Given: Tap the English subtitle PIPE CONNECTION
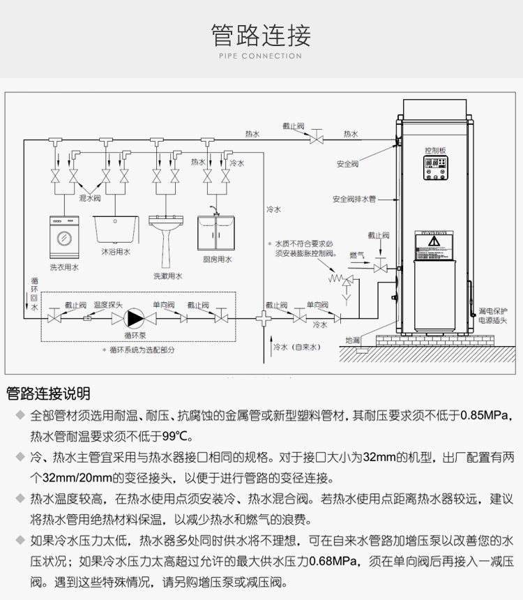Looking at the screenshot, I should (x=261, y=56).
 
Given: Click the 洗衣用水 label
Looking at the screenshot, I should (x=63, y=267).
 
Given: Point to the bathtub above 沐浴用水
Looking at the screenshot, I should (x=116, y=228).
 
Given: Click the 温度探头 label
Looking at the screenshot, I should (x=108, y=304).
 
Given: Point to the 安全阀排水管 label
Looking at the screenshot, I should (x=354, y=199).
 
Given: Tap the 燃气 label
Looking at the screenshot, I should (x=356, y=255).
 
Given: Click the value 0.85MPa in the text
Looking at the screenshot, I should (x=487, y=416).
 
